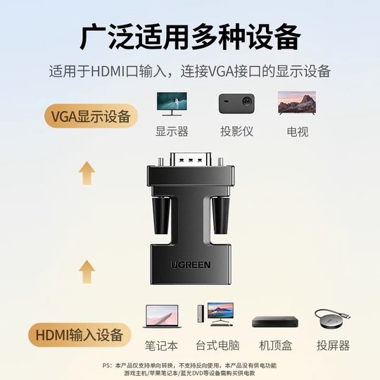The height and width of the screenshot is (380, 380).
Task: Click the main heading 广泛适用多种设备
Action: point(190,35)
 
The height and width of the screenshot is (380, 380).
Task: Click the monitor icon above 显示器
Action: point(172,103)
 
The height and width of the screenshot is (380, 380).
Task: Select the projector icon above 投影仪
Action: point(236,103)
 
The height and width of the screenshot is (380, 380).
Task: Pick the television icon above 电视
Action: point(295,103)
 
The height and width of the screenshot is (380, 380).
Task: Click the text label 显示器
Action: point(172,132)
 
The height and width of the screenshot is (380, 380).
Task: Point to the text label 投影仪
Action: point(236,132)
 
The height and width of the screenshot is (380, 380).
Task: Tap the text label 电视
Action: point(295,132)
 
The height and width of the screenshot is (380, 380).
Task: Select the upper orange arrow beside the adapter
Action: point(87,172)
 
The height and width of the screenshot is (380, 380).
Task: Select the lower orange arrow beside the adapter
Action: point(87,270)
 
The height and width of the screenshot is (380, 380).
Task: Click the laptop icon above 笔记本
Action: point(160,317)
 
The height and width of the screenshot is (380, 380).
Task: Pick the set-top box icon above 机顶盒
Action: point(275,322)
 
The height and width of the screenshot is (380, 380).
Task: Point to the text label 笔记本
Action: point(160,346)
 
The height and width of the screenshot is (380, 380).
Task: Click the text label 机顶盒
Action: point(275,346)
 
